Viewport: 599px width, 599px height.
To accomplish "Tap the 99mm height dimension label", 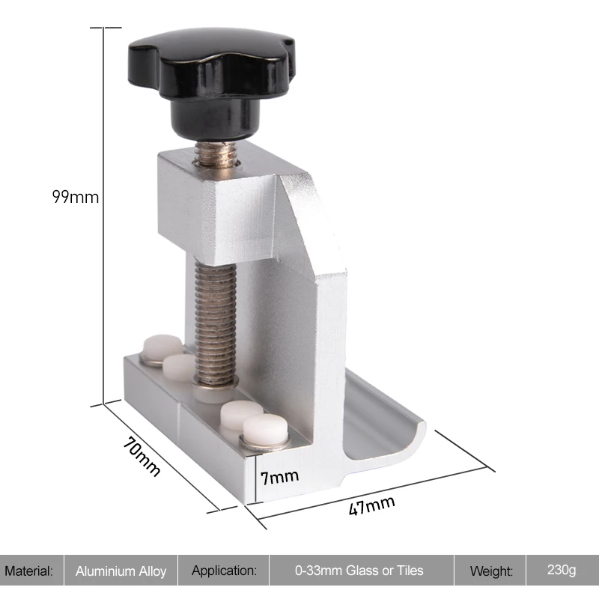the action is [x=76, y=197].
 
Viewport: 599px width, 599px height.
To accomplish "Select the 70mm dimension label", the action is [x=142, y=456].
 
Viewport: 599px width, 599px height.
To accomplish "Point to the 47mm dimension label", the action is [x=371, y=505].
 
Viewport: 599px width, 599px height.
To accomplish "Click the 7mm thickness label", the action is [x=279, y=477].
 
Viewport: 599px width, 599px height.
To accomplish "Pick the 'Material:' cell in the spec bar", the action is [x=29, y=571].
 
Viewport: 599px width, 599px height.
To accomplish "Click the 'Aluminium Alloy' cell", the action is [x=121, y=571].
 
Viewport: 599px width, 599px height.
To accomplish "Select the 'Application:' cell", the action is [x=224, y=571].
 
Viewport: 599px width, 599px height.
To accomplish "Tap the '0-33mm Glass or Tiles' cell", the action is [x=359, y=571].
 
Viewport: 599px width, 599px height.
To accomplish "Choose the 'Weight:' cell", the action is [x=491, y=571].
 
